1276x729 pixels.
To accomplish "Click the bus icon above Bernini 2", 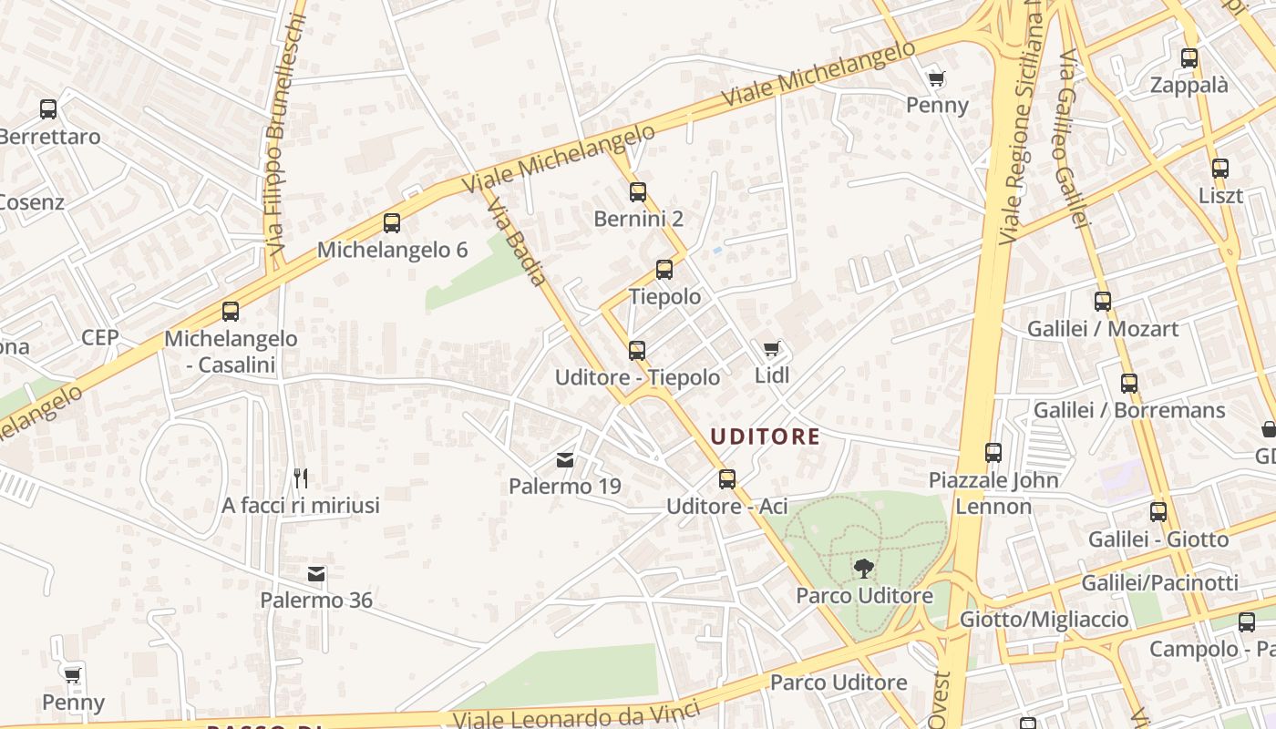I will (637, 192).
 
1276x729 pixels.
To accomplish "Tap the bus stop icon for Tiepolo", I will (664, 270).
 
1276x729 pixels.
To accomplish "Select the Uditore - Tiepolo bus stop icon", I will (637, 351).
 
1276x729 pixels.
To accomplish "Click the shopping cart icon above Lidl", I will (772, 348).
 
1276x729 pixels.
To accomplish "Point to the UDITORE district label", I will (765, 436).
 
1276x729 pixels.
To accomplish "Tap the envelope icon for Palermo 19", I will (566, 460).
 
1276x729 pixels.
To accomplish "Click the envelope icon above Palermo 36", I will (316, 574).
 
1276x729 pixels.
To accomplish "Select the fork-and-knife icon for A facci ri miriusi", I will (301, 477).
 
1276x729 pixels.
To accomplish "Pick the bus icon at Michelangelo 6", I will (392, 223).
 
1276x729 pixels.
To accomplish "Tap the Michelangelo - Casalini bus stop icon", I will (231, 312).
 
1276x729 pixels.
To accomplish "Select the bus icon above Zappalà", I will (1189, 58).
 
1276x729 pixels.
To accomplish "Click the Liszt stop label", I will (1220, 195).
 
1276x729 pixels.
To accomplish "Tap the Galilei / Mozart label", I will (1103, 328).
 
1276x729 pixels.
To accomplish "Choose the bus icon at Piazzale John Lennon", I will (993, 452).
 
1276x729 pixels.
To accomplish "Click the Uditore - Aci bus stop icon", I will (726, 478).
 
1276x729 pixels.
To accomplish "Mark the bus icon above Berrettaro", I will (48, 109).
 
